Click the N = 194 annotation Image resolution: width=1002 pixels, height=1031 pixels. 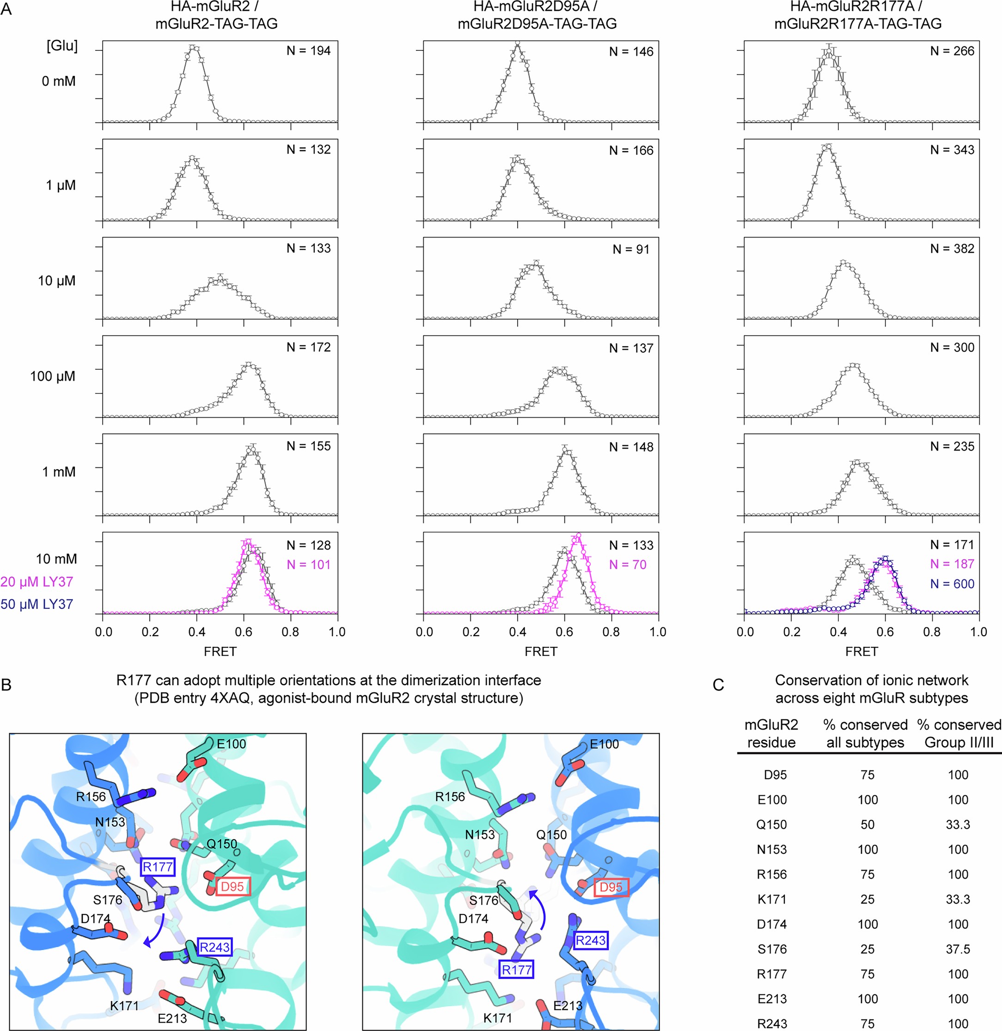(x=308, y=51)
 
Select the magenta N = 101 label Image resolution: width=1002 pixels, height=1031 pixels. (x=308, y=565)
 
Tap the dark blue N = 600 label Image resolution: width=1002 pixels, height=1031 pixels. (x=952, y=583)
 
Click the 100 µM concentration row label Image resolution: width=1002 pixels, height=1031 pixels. (x=53, y=376)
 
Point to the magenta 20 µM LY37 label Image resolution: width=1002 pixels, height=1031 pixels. (x=37, y=582)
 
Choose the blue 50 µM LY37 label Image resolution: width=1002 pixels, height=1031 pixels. (x=37, y=604)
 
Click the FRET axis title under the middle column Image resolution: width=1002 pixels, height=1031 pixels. (x=540, y=651)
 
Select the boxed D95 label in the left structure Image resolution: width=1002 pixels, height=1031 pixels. (x=232, y=887)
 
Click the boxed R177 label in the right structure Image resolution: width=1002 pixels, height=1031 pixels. (x=516, y=970)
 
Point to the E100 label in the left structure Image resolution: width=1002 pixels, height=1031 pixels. (x=232, y=744)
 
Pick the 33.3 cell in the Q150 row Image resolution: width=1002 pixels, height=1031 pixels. (x=958, y=825)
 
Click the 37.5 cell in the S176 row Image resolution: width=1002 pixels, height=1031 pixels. (x=958, y=949)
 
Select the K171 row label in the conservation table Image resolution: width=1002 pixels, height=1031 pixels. (x=771, y=899)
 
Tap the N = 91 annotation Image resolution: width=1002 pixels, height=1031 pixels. (x=631, y=250)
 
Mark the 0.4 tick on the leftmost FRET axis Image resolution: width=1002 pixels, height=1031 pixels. (x=197, y=632)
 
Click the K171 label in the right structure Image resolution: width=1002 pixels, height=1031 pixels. (x=497, y=1018)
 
